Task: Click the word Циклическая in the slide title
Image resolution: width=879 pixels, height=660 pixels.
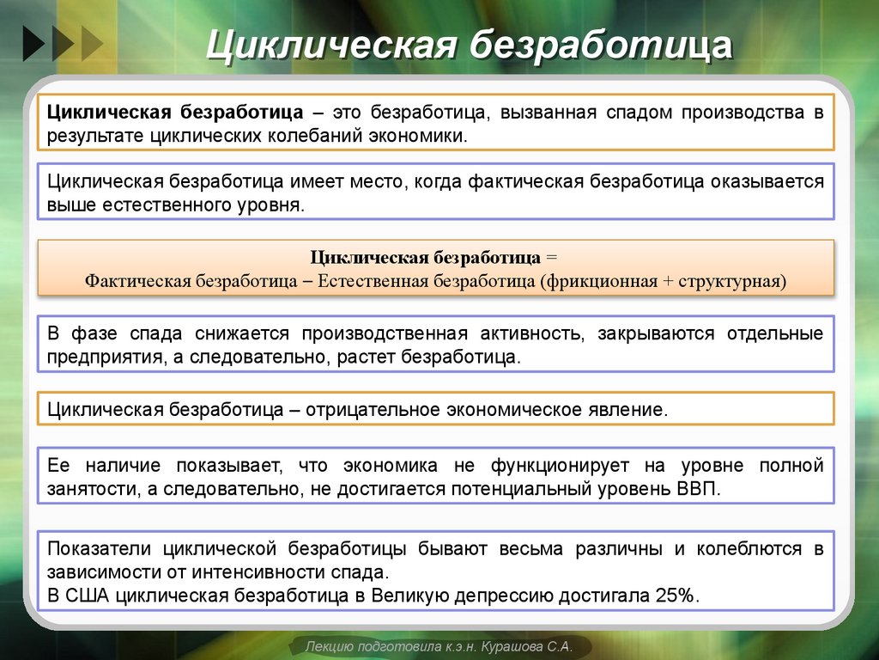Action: pyautogui.click(x=329, y=46)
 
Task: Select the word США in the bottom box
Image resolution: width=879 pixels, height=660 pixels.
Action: pyautogui.click(x=84, y=596)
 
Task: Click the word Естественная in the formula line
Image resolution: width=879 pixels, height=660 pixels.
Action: pyautogui.click(x=368, y=282)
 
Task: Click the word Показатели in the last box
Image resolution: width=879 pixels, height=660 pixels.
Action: pyautogui.click(x=99, y=548)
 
